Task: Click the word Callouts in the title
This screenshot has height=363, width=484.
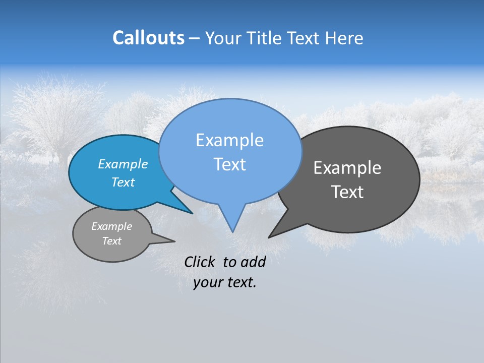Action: pyautogui.click(x=148, y=38)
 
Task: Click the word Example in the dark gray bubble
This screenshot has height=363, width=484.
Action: pyautogui.click(x=347, y=168)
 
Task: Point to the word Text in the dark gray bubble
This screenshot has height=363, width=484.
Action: pyautogui.click(x=347, y=192)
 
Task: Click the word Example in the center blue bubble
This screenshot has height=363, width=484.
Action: pyautogui.click(x=229, y=140)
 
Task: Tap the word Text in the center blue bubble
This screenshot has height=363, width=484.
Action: pyautogui.click(x=229, y=164)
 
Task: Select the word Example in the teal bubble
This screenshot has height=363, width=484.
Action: pyautogui.click(x=123, y=164)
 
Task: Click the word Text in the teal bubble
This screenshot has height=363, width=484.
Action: pyautogui.click(x=123, y=183)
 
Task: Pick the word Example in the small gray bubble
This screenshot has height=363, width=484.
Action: pyautogui.click(x=111, y=227)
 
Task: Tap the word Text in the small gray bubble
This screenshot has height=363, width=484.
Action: pyautogui.click(x=111, y=241)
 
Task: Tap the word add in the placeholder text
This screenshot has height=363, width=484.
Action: pyautogui.click(x=253, y=262)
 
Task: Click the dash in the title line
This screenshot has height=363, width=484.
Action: pyautogui.click(x=195, y=38)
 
